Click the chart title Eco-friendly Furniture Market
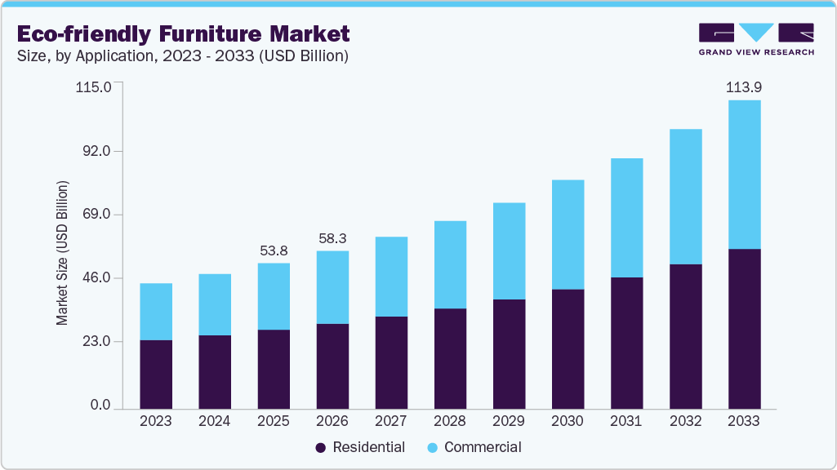(183, 33)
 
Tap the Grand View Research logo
(755, 38)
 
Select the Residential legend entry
(360, 447)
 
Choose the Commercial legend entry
(474, 447)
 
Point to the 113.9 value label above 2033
(744, 86)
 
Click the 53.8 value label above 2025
(274, 251)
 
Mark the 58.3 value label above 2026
(332, 238)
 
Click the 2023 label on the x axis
(156, 422)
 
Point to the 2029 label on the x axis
(509, 422)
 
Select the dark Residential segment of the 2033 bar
(744, 328)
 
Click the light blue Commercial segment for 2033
(744, 175)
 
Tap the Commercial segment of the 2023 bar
(156, 312)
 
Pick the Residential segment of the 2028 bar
(450, 358)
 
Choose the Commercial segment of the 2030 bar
(568, 235)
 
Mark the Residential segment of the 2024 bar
(215, 371)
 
